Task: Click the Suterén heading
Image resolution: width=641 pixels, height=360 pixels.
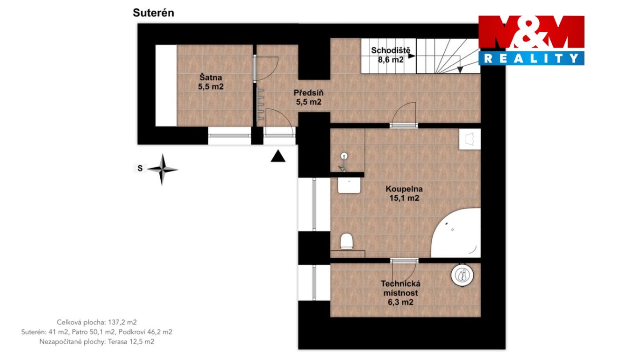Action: (x=153, y=13)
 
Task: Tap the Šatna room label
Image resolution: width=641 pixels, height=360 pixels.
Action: (x=211, y=82)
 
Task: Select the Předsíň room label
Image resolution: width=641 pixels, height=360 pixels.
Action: (x=308, y=97)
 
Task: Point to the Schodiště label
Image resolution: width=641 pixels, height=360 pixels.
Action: (x=391, y=55)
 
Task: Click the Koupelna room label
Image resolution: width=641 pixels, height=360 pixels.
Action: (x=404, y=193)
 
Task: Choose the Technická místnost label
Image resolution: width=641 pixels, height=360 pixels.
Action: (x=401, y=293)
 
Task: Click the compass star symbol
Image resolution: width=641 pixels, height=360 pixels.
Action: (x=162, y=169)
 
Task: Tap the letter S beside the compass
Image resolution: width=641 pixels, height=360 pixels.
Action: (x=140, y=168)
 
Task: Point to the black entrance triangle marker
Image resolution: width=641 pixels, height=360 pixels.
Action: (x=278, y=156)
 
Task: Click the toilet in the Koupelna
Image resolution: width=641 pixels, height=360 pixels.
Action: (x=346, y=241)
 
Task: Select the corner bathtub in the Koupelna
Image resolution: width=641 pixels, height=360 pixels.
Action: (x=456, y=233)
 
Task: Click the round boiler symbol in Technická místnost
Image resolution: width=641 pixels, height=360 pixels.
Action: (x=462, y=275)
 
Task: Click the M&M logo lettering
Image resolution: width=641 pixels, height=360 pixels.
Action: (x=531, y=31)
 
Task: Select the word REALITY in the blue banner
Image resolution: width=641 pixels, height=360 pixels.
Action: (x=531, y=58)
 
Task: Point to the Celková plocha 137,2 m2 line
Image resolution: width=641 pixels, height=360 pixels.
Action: (x=97, y=322)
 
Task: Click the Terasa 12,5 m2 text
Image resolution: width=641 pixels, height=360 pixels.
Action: (x=131, y=341)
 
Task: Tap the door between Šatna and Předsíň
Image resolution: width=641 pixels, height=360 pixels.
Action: (x=265, y=69)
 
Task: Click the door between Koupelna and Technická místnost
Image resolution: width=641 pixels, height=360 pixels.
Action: (x=404, y=270)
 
